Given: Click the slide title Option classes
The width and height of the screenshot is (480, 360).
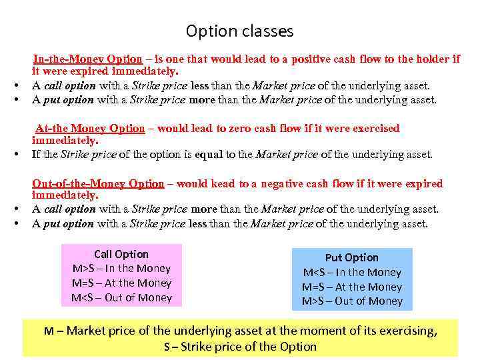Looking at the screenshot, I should [239, 31].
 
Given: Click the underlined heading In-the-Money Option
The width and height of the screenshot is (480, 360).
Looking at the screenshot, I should [87, 59].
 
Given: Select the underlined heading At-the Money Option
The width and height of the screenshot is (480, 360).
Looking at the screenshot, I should [89, 128].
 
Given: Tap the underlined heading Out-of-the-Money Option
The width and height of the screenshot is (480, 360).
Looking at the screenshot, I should [98, 183].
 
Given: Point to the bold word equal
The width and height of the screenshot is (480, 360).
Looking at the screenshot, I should [208, 155].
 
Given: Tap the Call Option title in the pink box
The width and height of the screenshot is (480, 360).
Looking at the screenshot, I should [121, 254].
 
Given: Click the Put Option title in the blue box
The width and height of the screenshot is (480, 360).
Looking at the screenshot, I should [351, 257].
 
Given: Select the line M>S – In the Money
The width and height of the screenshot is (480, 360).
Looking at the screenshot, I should [121, 269].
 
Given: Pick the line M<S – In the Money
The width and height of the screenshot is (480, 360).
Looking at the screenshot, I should [351, 272].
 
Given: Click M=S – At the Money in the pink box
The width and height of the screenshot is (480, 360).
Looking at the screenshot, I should [121, 283].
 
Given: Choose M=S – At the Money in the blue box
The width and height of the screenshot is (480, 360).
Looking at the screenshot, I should [351, 287].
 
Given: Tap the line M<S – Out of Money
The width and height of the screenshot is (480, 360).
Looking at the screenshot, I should [121, 298].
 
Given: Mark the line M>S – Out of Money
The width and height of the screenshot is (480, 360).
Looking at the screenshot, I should [351, 301].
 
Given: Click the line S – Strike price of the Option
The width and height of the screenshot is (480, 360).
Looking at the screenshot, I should [240, 346].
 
